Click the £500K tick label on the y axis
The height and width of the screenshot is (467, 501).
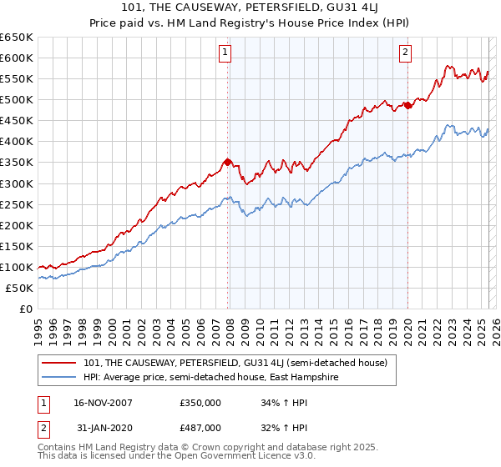(x=16, y=99)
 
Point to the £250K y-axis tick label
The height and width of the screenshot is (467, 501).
(x=16, y=204)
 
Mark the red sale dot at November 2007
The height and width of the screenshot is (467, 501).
(x=228, y=162)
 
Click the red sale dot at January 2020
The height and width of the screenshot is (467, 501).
(x=407, y=104)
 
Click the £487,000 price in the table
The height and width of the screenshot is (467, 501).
(x=200, y=427)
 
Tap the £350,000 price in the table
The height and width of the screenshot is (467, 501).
(x=200, y=402)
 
